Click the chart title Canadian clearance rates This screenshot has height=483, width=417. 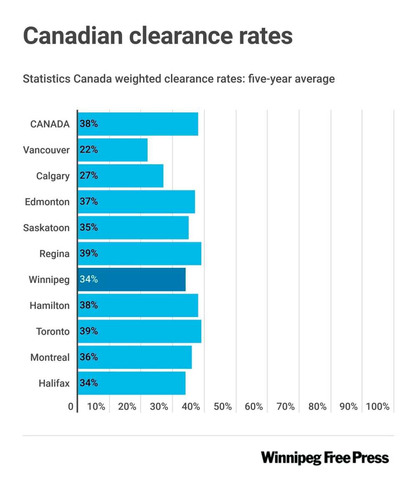click(158, 35)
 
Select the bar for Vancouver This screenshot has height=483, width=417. click(113, 150)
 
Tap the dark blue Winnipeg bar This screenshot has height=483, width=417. click(131, 280)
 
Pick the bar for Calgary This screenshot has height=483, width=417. click(121, 176)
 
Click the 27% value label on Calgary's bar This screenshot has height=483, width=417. click(89, 176)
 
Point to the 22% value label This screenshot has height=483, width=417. click(89, 150)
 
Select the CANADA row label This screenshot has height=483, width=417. click(50, 124)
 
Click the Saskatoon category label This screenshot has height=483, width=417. click(46, 228)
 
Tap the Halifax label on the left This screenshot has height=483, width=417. click(54, 383)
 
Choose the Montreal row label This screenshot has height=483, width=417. click(50, 358)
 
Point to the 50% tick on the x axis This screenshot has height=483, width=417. click(222, 407)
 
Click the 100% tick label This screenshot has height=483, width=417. click(377, 407)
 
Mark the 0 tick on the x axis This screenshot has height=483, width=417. click(71, 407)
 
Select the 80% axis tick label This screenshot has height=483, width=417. click(317, 407)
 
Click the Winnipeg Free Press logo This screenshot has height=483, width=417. click(325, 458)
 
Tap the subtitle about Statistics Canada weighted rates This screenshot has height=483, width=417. click(178, 79)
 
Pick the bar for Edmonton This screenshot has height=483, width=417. click(136, 202)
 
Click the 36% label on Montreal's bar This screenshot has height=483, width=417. click(89, 358)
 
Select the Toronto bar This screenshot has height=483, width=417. click(140, 331)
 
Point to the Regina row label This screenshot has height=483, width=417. click(55, 254)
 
